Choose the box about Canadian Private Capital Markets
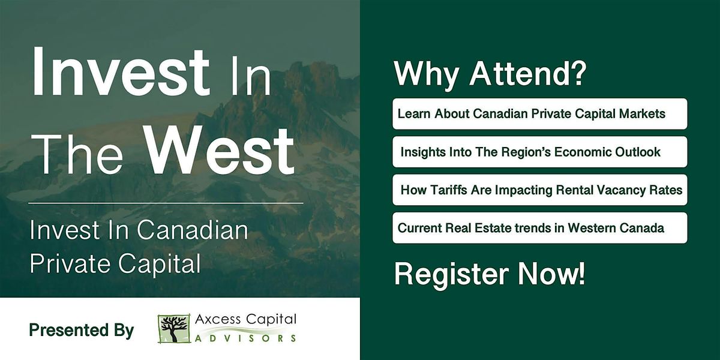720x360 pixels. tap(539, 114)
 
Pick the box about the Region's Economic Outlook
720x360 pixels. tap(539, 152)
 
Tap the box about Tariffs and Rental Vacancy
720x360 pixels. tap(539, 190)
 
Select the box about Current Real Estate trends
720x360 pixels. tap(539, 228)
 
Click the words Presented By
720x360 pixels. tap(82, 330)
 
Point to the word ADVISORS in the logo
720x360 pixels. tap(246, 338)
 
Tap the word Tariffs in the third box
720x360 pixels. tap(445, 190)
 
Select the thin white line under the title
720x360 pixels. tap(166, 203)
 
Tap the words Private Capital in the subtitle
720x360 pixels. tap(115, 264)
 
